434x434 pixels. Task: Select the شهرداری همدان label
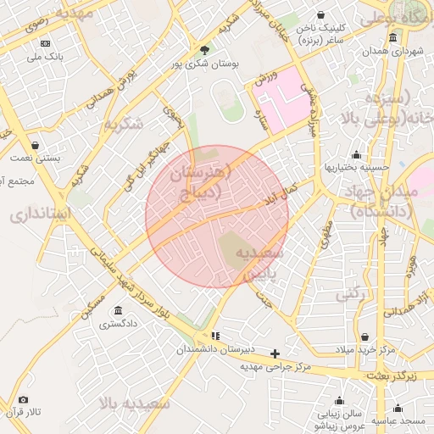[x=393, y=52]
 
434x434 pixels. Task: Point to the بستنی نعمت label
[x=35, y=159]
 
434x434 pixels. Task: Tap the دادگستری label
[x=118, y=324]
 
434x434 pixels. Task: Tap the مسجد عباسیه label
[x=402, y=421]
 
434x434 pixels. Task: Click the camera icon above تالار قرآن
[x=23, y=399]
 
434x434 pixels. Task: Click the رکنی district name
[x=352, y=294]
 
